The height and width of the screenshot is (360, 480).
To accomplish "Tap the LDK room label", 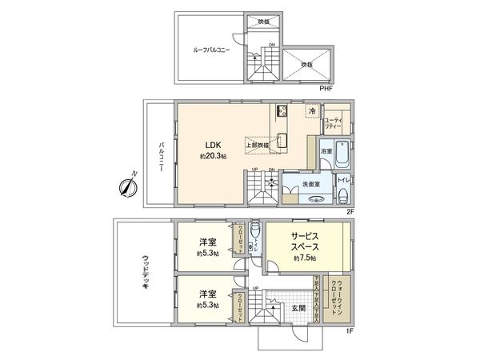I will (212, 145).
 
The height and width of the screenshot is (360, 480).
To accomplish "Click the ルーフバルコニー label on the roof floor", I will (211, 50).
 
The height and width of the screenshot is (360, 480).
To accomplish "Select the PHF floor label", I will (326, 88).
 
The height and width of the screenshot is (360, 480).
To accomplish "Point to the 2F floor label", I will (350, 211).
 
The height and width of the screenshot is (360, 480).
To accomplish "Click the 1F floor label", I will (350, 330).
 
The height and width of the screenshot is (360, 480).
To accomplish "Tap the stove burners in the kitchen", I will (282, 111).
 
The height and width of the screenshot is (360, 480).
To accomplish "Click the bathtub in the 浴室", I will (342, 151).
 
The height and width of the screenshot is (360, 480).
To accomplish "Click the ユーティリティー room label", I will (334, 122).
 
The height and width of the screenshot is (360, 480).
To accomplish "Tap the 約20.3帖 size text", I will (213, 157).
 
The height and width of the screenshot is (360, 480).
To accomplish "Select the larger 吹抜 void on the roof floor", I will (305, 63).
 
